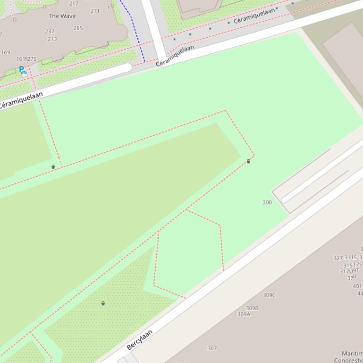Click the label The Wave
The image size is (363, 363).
pyautogui.click(x=62, y=16)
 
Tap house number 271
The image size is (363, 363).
pyautogui.click(x=95, y=11)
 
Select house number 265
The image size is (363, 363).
pyautogui.click(x=78, y=28)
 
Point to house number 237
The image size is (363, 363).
pyautogui.click(x=50, y=32)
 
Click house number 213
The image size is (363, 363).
pyautogui.click(x=52, y=39)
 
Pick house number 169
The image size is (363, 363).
pyautogui.click(x=5, y=52)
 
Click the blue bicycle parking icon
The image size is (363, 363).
pyautogui.click(x=22, y=70)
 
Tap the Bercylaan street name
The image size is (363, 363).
pyautogui.click(x=140, y=339)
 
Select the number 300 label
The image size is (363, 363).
pyautogui.click(x=267, y=202)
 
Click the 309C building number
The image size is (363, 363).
pyautogui.click(x=269, y=295)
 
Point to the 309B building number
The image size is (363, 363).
pyautogui.click(x=252, y=308)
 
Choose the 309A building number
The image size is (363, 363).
pyautogui.click(x=244, y=314)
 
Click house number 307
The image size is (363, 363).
pyautogui.click(x=212, y=348)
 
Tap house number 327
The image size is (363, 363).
pyautogui.click(x=338, y=258)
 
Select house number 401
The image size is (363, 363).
pyautogui.click(x=357, y=286)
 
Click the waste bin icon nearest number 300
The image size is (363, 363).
pyautogui.click(x=249, y=161)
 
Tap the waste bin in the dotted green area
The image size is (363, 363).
pyautogui.click(x=103, y=303)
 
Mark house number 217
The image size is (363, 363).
pyautogui.click(x=74, y=3)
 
